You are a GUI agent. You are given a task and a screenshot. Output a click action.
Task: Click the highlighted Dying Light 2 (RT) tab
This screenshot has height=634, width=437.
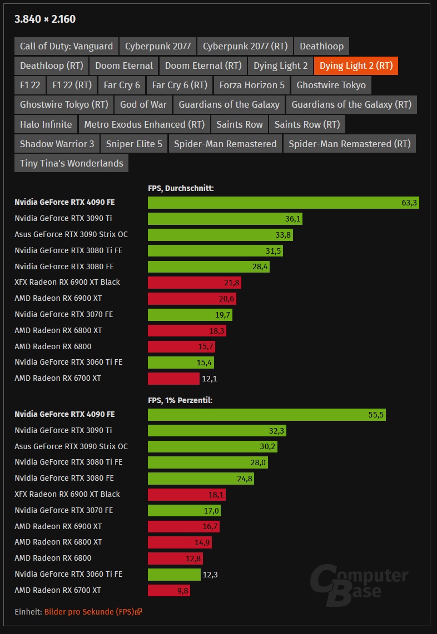(x=356, y=66)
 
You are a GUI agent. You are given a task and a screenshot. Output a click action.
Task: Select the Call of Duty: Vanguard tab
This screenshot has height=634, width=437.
(x=66, y=46)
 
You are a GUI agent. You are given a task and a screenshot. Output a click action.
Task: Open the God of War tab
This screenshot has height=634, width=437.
(x=143, y=104)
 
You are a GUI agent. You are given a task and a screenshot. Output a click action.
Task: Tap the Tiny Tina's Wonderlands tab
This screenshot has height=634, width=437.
(x=71, y=163)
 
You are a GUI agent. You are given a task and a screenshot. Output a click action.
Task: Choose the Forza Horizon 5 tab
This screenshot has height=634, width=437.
(x=252, y=85)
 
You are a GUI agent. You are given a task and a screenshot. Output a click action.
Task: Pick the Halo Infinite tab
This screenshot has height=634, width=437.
(x=46, y=124)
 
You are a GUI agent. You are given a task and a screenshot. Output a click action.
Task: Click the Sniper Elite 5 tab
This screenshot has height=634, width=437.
(x=134, y=144)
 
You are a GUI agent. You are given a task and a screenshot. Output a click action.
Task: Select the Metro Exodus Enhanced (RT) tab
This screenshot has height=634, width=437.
(x=145, y=124)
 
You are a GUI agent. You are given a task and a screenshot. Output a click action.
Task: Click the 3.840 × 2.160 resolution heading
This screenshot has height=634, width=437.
(x=45, y=19)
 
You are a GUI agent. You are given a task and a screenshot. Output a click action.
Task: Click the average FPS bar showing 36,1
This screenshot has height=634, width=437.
(x=225, y=219)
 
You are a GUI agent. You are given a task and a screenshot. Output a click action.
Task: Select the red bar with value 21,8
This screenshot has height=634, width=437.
(x=194, y=283)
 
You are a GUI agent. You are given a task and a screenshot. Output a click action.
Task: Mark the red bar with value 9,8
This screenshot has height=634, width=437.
(x=168, y=591)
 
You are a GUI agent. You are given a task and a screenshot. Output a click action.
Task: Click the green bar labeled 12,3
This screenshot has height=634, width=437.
(x=174, y=575)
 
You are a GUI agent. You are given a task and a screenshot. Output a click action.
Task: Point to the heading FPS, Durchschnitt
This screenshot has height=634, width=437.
(x=181, y=188)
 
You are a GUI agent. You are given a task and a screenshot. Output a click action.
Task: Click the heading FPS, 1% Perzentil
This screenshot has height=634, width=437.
(x=180, y=400)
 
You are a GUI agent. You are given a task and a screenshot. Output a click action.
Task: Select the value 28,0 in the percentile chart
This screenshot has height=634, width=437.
(x=259, y=462)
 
